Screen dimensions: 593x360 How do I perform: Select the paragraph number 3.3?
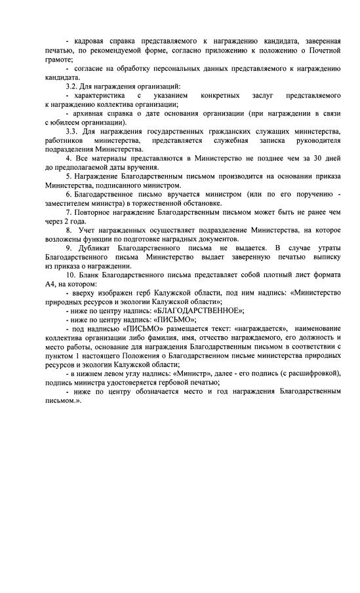coord(72,132)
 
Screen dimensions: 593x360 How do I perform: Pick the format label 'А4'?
coord(50,284)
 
